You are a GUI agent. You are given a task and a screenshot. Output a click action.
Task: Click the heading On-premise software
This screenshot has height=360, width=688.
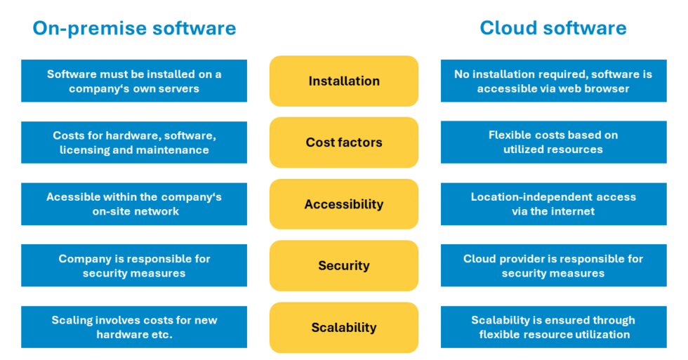pyautogui.click(x=134, y=28)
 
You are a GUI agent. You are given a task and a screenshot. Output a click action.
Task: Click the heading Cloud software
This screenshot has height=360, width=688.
pyautogui.click(x=553, y=28)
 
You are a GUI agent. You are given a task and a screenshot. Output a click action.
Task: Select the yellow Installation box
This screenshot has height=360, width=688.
pyautogui.click(x=344, y=81)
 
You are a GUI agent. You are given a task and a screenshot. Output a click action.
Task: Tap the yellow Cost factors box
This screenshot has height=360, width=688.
pyautogui.click(x=344, y=142)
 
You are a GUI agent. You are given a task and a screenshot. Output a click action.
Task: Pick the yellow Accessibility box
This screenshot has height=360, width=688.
pyautogui.click(x=344, y=204)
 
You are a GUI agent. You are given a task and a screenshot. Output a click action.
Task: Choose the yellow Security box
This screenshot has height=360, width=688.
pyautogui.click(x=344, y=266)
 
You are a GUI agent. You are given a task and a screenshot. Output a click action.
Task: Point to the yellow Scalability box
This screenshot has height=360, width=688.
pyautogui.click(x=344, y=328)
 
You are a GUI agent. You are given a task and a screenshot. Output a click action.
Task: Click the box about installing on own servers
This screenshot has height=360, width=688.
pyautogui.click(x=134, y=81)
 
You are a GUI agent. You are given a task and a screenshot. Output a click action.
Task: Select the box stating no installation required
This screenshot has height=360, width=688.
pyautogui.click(x=553, y=81)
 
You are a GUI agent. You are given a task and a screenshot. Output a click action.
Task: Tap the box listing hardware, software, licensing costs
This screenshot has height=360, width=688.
pyautogui.click(x=134, y=142)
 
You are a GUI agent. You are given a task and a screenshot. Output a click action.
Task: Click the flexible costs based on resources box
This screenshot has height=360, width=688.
pyautogui.click(x=553, y=142)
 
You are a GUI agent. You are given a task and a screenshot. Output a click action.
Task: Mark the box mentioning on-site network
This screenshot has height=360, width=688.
pyautogui.click(x=134, y=204)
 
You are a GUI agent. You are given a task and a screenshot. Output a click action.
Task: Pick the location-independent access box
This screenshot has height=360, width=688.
pyautogui.click(x=553, y=204)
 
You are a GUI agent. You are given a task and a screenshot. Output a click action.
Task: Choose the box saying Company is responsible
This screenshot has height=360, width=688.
pyautogui.click(x=134, y=265)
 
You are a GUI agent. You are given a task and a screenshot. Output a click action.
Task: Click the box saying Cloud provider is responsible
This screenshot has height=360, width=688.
pyautogui.click(x=553, y=265)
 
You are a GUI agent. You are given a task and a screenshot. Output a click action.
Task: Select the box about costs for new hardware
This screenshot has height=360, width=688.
pyautogui.click(x=134, y=327)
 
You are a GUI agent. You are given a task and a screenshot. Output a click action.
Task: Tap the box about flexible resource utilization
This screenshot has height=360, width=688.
pyautogui.click(x=553, y=327)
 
